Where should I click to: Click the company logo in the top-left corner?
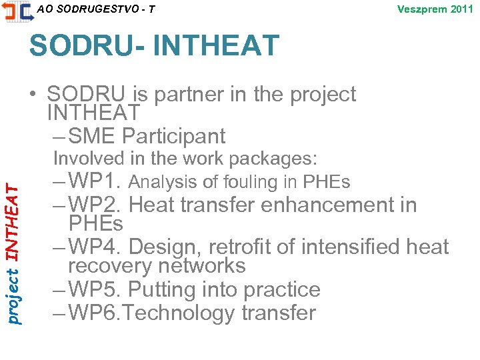tap(17, 11)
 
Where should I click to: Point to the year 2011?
tap(461, 9)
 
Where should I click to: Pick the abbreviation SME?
tap(92, 136)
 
